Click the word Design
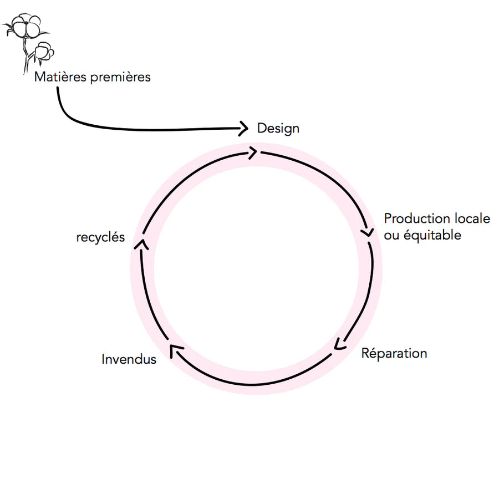(x=278, y=129)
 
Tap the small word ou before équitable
(x=391, y=236)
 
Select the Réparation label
(x=394, y=353)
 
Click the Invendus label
(x=129, y=359)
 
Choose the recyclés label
(x=100, y=238)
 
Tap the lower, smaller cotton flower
(x=44, y=52)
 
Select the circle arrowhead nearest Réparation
(x=339, y=344)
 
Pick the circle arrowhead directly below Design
(x=252, y=152)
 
